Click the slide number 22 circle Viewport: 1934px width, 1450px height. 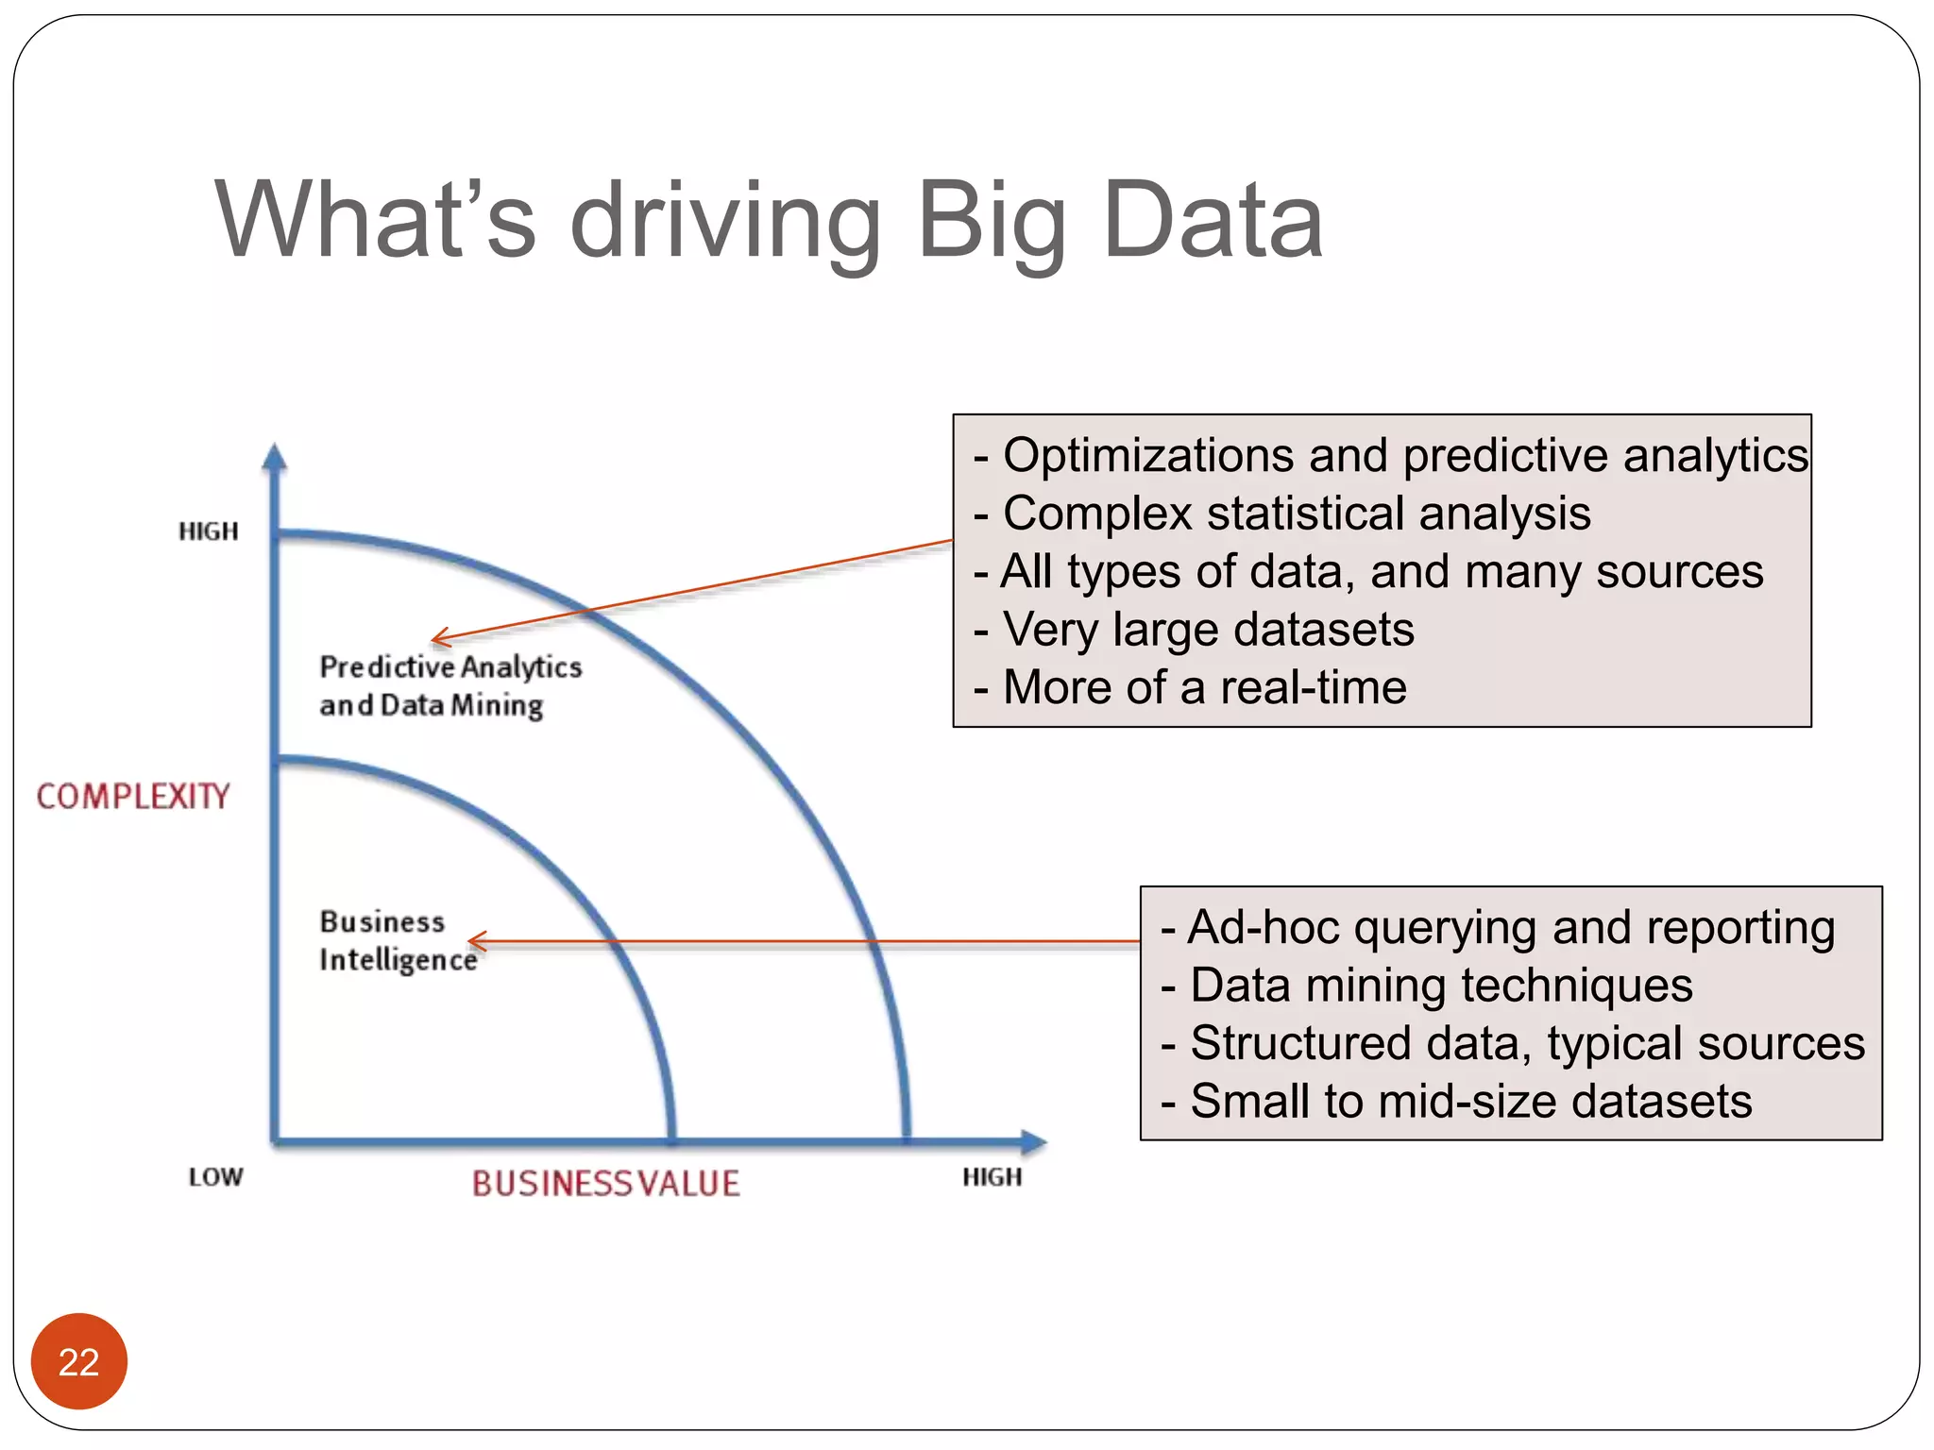(x=78, y=1361)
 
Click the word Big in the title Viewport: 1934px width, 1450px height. (x=992, y=222)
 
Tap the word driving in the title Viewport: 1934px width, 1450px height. (x=725, y=222)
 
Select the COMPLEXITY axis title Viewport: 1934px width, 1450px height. (x=133, y=797)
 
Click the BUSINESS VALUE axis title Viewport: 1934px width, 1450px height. (x=605, y=1184)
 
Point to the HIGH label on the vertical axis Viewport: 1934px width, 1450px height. (x=209, y=531)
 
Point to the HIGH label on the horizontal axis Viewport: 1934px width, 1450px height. (x=992, y=1177)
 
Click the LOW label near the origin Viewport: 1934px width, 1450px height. (x=215, y=1177)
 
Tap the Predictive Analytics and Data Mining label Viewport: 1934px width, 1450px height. (x=450, y=686)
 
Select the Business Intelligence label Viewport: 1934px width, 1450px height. (x=397, y=940)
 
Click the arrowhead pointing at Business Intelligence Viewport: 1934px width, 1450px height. (x=474, y=941)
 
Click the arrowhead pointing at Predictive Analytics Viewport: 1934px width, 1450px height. (x=438, y=639)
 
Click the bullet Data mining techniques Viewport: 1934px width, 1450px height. (x=1440, y=986)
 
